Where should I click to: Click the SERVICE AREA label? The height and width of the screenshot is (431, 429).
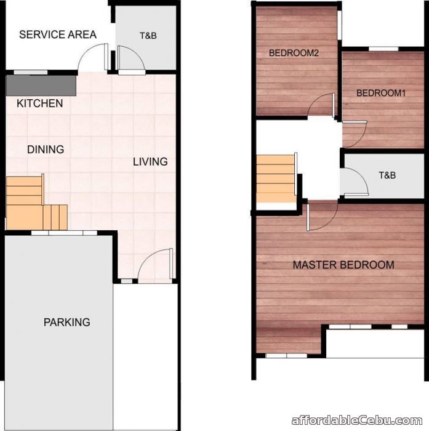coord(58,34)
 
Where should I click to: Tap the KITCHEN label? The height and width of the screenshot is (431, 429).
coord(40,103)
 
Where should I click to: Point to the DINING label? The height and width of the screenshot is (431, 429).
coord(46,149)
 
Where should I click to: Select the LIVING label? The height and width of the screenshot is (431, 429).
coord(150,162)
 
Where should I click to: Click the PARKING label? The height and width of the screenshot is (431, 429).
coord(66,322)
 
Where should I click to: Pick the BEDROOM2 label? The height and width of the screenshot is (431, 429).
coord(294,54)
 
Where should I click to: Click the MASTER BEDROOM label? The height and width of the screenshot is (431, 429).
coord(343,265)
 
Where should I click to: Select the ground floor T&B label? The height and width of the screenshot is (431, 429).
coord(148,36)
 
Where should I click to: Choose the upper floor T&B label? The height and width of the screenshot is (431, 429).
coord(387,175)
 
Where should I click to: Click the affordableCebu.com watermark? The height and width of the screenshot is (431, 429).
coord(359,421)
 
